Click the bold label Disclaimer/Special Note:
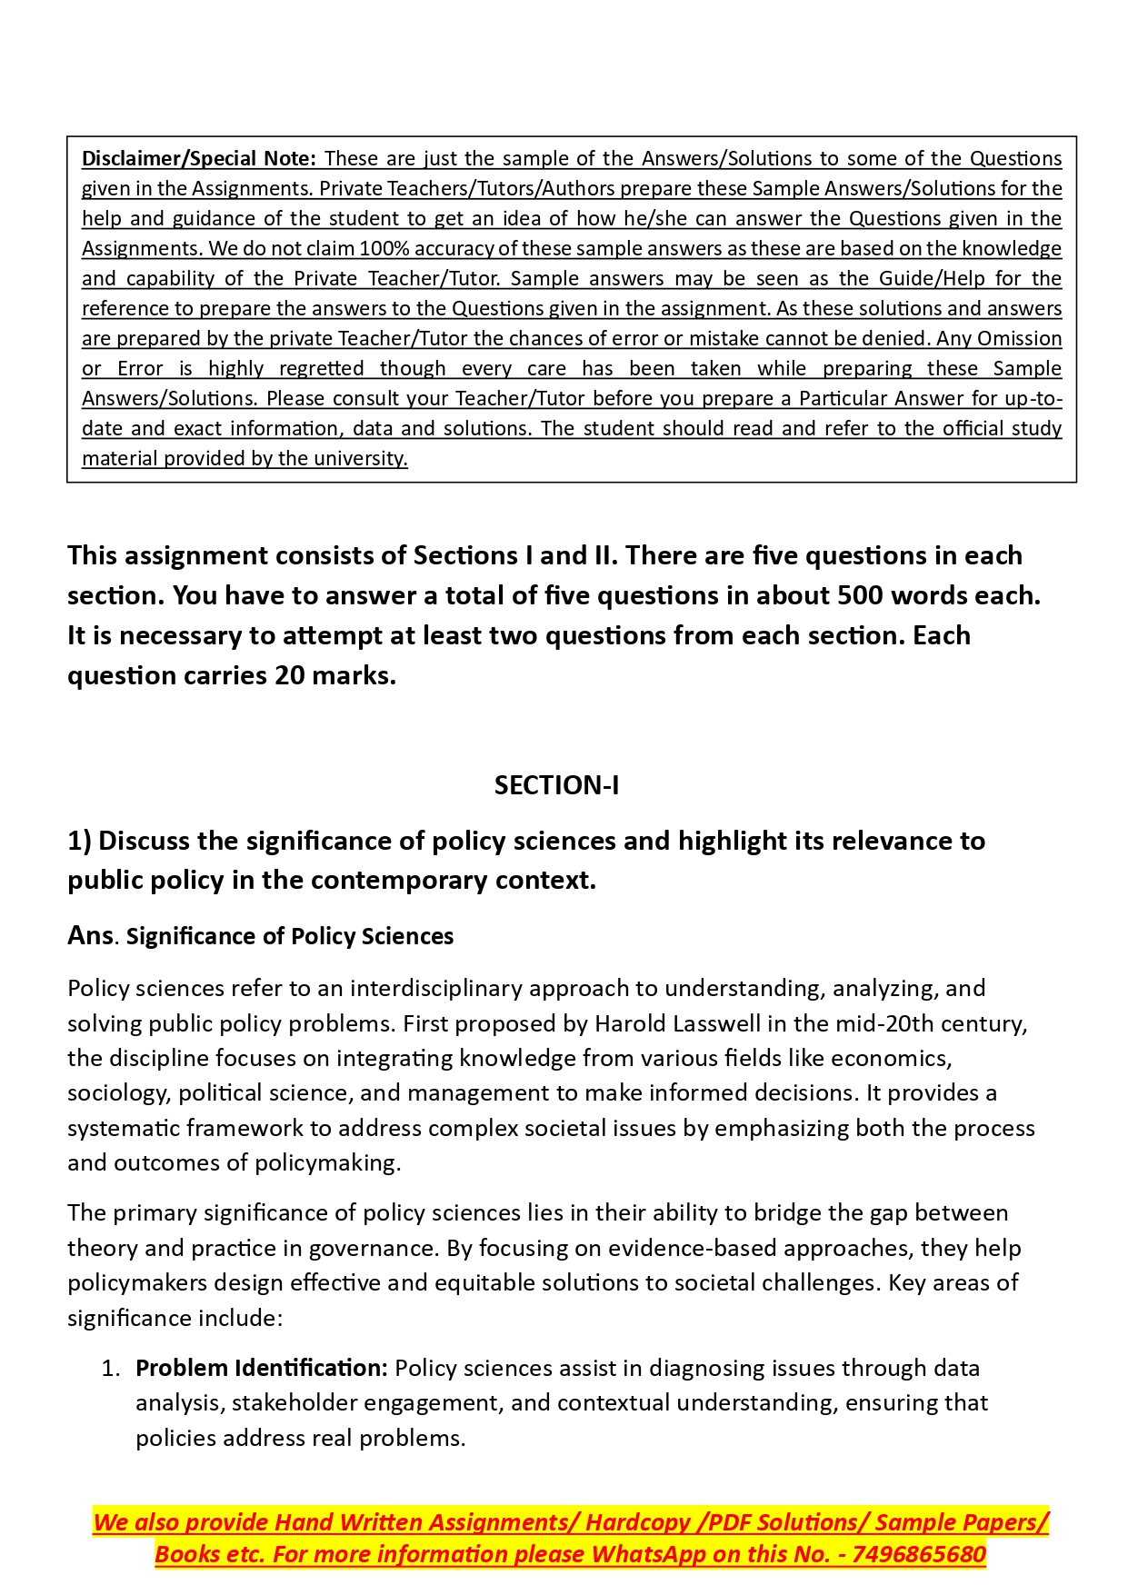click(x=198, y=158)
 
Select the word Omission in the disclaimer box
click(x=1019, y=338)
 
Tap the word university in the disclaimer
click(x=368, y=458)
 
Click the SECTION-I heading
click(x=556, y=785)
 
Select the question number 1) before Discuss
click(x=79, y=841)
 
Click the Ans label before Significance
click(x=90, y=935)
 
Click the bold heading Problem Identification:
click(x=262, y=1368)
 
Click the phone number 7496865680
click(x=919, y=1554)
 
